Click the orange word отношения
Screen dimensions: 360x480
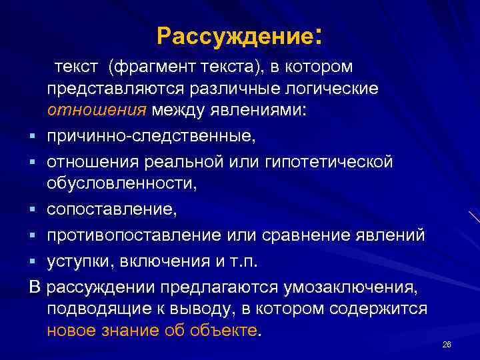point(95,110)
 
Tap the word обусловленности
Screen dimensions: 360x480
point(122,183)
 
